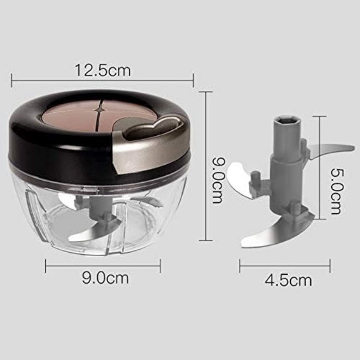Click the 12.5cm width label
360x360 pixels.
tap(103, 70)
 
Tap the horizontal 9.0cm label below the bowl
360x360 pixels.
tap(105, 278)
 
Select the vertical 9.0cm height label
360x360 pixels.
tap(218, 180)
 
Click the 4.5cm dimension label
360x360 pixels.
tap(289, 280)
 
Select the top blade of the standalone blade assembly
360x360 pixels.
tap(331, 151)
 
